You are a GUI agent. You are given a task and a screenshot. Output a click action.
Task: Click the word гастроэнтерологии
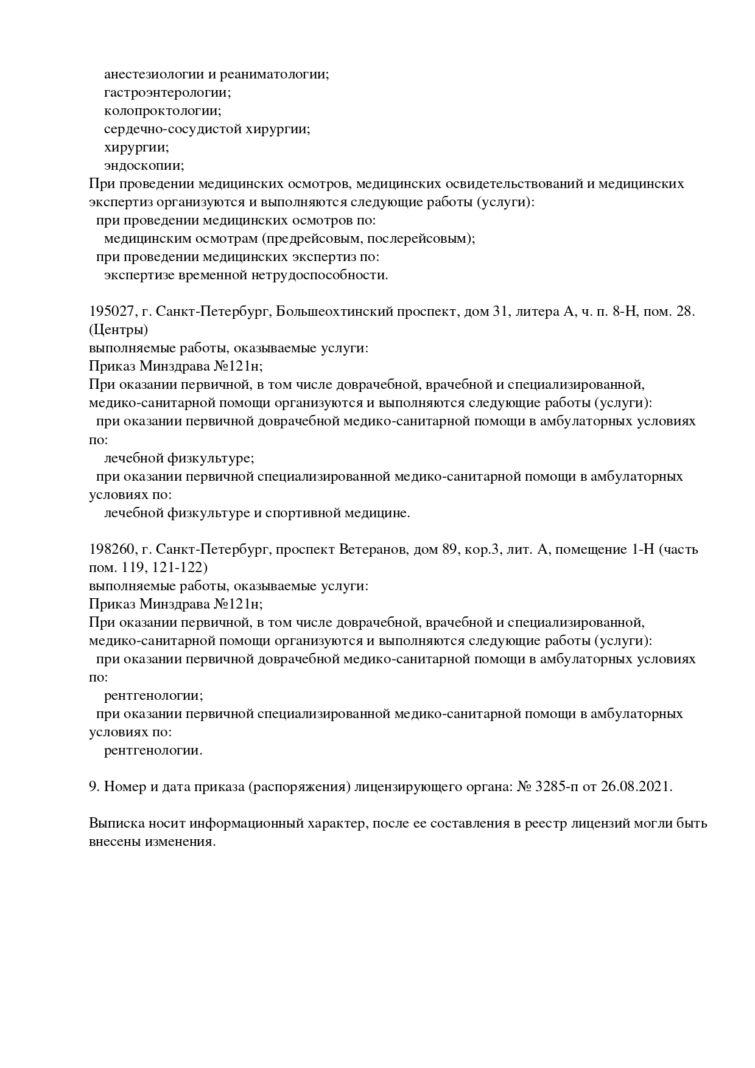click(x=167, y=93)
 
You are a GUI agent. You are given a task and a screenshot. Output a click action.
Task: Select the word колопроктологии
click(x=162, y=111)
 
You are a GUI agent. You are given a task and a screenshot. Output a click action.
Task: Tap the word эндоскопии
click(x=144, y=166)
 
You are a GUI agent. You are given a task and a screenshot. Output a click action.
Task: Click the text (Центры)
click(x=119, y=330)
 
